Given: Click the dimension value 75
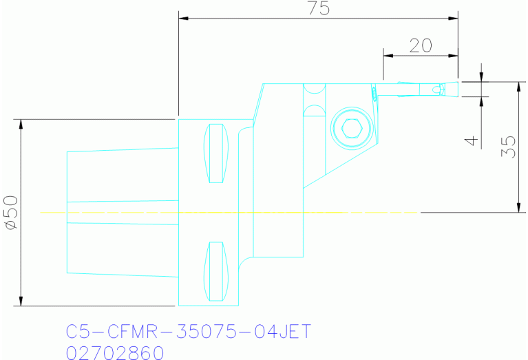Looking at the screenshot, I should click(x=318, y=8).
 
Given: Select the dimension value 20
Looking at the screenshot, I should click(x=420, y=45).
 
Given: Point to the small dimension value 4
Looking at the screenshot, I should click(x=471, y=140).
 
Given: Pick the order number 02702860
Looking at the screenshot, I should click(x=115, y=352).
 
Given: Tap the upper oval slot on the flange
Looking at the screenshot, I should click(x=217, y=153).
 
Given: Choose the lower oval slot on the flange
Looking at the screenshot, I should click(x=217, y=271).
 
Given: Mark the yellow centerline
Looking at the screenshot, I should click(x=227, y=213).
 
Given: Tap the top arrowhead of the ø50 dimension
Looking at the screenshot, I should click(x=21, y=125).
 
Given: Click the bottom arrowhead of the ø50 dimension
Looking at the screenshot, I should click(x=21, y=301).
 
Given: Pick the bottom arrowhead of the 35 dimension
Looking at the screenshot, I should click(x=517, y=207).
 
